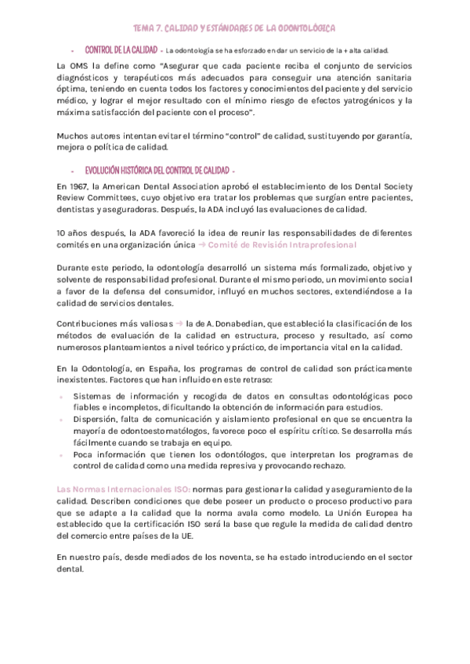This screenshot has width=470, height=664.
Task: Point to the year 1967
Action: coord(77,187)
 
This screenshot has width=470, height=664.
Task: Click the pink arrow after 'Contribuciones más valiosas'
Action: coord(179,323)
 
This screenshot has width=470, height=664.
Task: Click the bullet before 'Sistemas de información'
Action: coord(62,396)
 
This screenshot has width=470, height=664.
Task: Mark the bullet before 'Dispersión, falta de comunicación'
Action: coord(62,420)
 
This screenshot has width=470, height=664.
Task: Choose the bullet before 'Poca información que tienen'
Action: coord(62,455)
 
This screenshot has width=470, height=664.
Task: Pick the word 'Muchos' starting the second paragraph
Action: coord(74,135)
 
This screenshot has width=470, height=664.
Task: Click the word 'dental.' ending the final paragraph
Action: coord(71,569)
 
